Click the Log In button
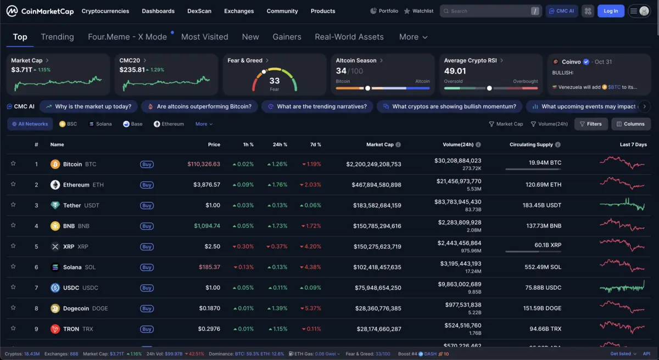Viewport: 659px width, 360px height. [x=611, y=11]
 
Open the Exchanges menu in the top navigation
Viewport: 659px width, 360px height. [x=239, y=11]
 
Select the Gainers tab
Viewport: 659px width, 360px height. [x=287, y=37]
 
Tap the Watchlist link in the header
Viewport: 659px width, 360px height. [x=418, y=11]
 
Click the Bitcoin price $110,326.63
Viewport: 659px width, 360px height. [x=204, y=164]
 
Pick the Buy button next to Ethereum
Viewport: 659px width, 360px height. [x=147, y=185]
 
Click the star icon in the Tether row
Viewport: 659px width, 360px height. [x=13, y=205]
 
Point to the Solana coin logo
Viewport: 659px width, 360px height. [x=55, y=267]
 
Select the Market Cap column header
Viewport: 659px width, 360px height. [x=380, y=144]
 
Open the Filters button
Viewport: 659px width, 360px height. [x=591, y=124]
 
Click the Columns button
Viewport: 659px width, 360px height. [x=630, y=124]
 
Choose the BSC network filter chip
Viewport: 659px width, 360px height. [x=68, y=124]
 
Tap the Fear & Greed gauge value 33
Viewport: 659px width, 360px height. [x=275, y=81]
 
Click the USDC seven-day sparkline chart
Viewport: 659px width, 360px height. [x=622, y=287]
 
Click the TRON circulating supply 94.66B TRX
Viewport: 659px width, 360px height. [x=542, y=329]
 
